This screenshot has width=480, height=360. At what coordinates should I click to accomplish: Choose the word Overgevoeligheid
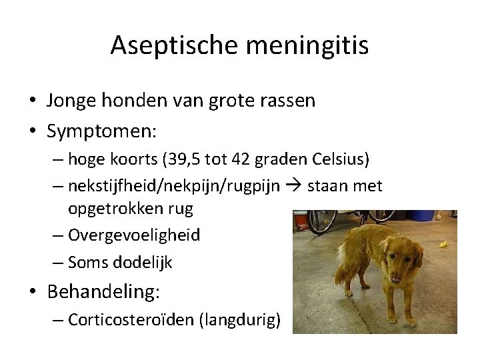pyautogui.click(x=133, y=235)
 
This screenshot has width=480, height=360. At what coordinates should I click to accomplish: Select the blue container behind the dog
pyautogui.click(x=421, y=215)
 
